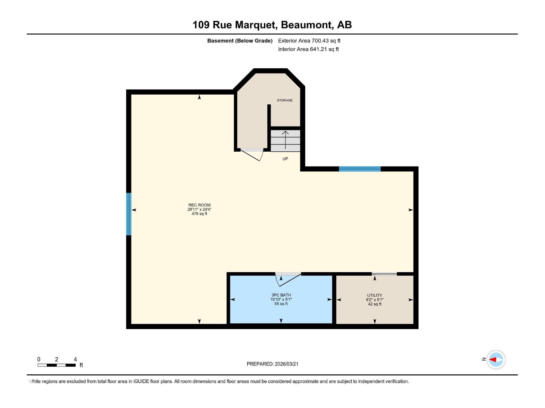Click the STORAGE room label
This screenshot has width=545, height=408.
point(284,100)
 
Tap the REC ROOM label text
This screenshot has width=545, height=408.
point(199,205)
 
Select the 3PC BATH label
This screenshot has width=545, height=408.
point(281,295)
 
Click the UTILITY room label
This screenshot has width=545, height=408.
point(374,295)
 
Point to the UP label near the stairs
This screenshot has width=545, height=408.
point(285,159)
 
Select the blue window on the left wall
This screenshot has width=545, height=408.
point(129,214)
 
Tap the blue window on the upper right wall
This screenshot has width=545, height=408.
point(359,169)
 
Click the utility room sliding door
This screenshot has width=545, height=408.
point(384,274)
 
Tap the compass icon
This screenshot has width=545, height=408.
point(496,359)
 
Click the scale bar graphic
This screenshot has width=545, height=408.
point(57,365)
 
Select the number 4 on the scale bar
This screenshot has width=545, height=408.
point(75,359)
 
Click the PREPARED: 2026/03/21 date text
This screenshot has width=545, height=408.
point(272,364)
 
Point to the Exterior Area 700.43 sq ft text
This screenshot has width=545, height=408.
point(309,41)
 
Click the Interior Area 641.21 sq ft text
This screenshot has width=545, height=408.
point(308,49)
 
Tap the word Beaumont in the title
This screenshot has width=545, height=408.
point(306,25)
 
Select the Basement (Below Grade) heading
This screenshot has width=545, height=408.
point(240,41)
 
